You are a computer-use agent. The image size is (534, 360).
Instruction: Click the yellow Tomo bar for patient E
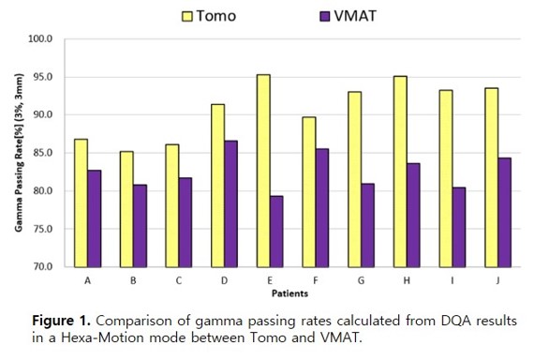263,171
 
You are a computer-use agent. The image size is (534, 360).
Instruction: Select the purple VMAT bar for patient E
276,232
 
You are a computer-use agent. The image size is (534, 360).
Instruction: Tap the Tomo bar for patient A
82,203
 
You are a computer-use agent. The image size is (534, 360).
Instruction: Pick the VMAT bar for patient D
230,203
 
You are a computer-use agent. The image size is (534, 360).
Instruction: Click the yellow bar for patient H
400,172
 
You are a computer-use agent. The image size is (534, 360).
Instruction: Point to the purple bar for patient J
505,213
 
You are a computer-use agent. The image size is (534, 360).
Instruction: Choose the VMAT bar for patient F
322,208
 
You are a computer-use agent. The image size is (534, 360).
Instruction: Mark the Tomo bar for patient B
126,209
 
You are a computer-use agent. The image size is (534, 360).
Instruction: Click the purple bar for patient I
459,228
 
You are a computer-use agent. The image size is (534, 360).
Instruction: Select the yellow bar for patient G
355,179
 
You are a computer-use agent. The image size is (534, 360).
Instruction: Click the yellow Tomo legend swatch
187,16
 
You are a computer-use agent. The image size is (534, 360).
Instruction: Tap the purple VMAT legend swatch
325,16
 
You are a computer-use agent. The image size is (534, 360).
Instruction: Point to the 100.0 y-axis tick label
40,38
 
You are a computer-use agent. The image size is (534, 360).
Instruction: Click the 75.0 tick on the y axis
42,229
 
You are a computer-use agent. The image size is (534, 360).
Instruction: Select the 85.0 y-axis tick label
42,153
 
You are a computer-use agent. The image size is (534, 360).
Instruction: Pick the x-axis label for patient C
179,280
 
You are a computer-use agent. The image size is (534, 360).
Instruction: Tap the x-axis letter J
497,280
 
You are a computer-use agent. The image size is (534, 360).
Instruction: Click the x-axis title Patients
289,293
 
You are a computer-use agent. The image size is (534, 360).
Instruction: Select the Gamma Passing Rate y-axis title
19,153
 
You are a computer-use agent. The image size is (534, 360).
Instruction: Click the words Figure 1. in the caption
61,321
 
